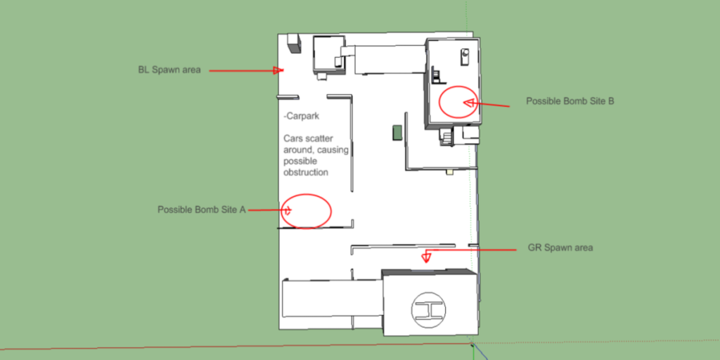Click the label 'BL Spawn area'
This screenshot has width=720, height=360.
[x=169, y=70]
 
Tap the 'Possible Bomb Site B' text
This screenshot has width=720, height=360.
[x=570, y=101]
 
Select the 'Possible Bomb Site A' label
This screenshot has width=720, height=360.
[x=202, y=210]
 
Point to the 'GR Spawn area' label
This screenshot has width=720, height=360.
[x=560, y=247]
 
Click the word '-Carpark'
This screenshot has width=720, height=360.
[x=301, y=116]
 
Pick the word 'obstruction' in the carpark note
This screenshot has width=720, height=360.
[x=306, y=173]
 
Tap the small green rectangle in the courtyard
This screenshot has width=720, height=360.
[x=397, y=132]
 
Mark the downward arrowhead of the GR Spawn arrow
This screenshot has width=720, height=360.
[x=426, y=257]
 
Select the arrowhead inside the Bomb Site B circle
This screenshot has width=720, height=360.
[x=469, y=103]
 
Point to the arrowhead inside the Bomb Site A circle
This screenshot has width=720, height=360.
[x=288, y=211]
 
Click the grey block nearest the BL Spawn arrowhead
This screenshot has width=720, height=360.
[x=293, y=44]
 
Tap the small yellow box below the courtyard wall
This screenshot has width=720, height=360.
[x=450, y=172]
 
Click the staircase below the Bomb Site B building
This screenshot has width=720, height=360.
[x=446, y=137]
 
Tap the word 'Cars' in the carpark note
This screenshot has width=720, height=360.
[x=292, y=139]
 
